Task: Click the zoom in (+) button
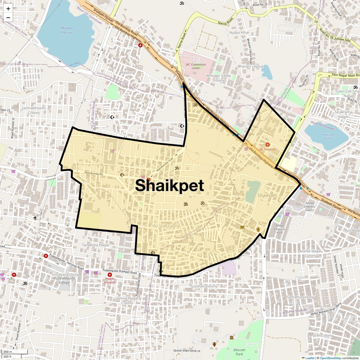[x=8, y=9]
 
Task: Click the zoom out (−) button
[x=8, y=17]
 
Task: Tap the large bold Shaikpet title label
[x=169, y=185]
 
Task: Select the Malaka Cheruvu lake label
[x=67, y=30]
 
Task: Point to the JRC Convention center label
[x=196, y=66]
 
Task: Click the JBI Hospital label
[x=267, y=149]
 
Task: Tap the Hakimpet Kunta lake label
[x=329, y=136]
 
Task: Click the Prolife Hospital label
[x=110, y=280]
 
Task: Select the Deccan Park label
[x=239, y=352]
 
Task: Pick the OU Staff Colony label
[x=166, y=226]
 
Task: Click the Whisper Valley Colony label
[x=218, y=78]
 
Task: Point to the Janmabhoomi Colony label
[x=34, y=110]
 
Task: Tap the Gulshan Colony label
[x=204, y=286]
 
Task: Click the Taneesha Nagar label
[x=96, y=245]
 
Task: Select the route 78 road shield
[x=316, y=22]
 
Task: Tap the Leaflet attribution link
[x=310, y=358]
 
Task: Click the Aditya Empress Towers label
[x=309, y=206]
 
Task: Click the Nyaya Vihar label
[x=239, y=32]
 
